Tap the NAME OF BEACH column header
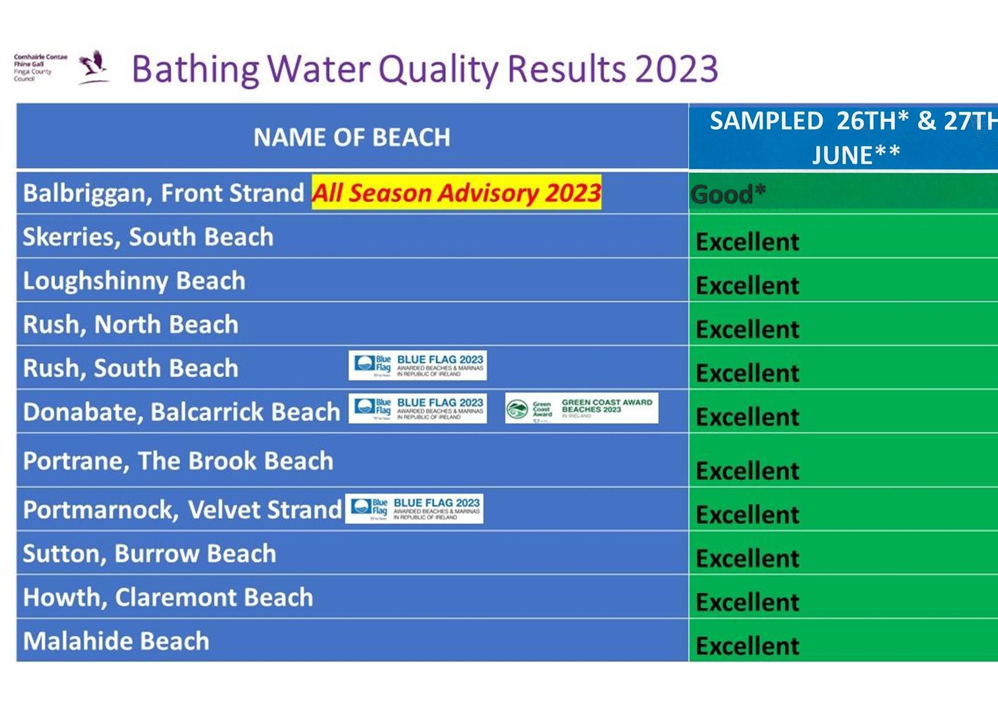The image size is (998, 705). tap(352, 137)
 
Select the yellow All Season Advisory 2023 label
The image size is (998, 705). tap(456, 193)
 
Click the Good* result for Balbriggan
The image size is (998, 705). tap(728, 194)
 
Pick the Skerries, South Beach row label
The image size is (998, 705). tap(148, 237)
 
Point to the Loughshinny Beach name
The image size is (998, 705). tap(134, 281)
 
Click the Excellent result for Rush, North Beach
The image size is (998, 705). tap(747, 329)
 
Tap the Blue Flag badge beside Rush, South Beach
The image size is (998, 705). tap(418, 366)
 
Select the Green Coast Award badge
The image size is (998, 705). tap(582, 408)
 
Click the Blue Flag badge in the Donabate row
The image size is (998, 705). tap(418, 408)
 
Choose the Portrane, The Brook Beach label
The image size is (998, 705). tap(178, 461)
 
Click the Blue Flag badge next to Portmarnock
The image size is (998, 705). tap(414, 508)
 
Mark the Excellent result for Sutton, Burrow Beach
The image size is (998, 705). tap(747, 558)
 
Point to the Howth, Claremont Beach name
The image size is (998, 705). tap(168, 598)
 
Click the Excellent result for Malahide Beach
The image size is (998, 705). tap(747, 646)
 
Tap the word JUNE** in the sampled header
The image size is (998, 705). tap(856, 155)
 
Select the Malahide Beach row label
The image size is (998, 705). tap(116, 641)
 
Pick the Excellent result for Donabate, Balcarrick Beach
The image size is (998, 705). tap(747, 417)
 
